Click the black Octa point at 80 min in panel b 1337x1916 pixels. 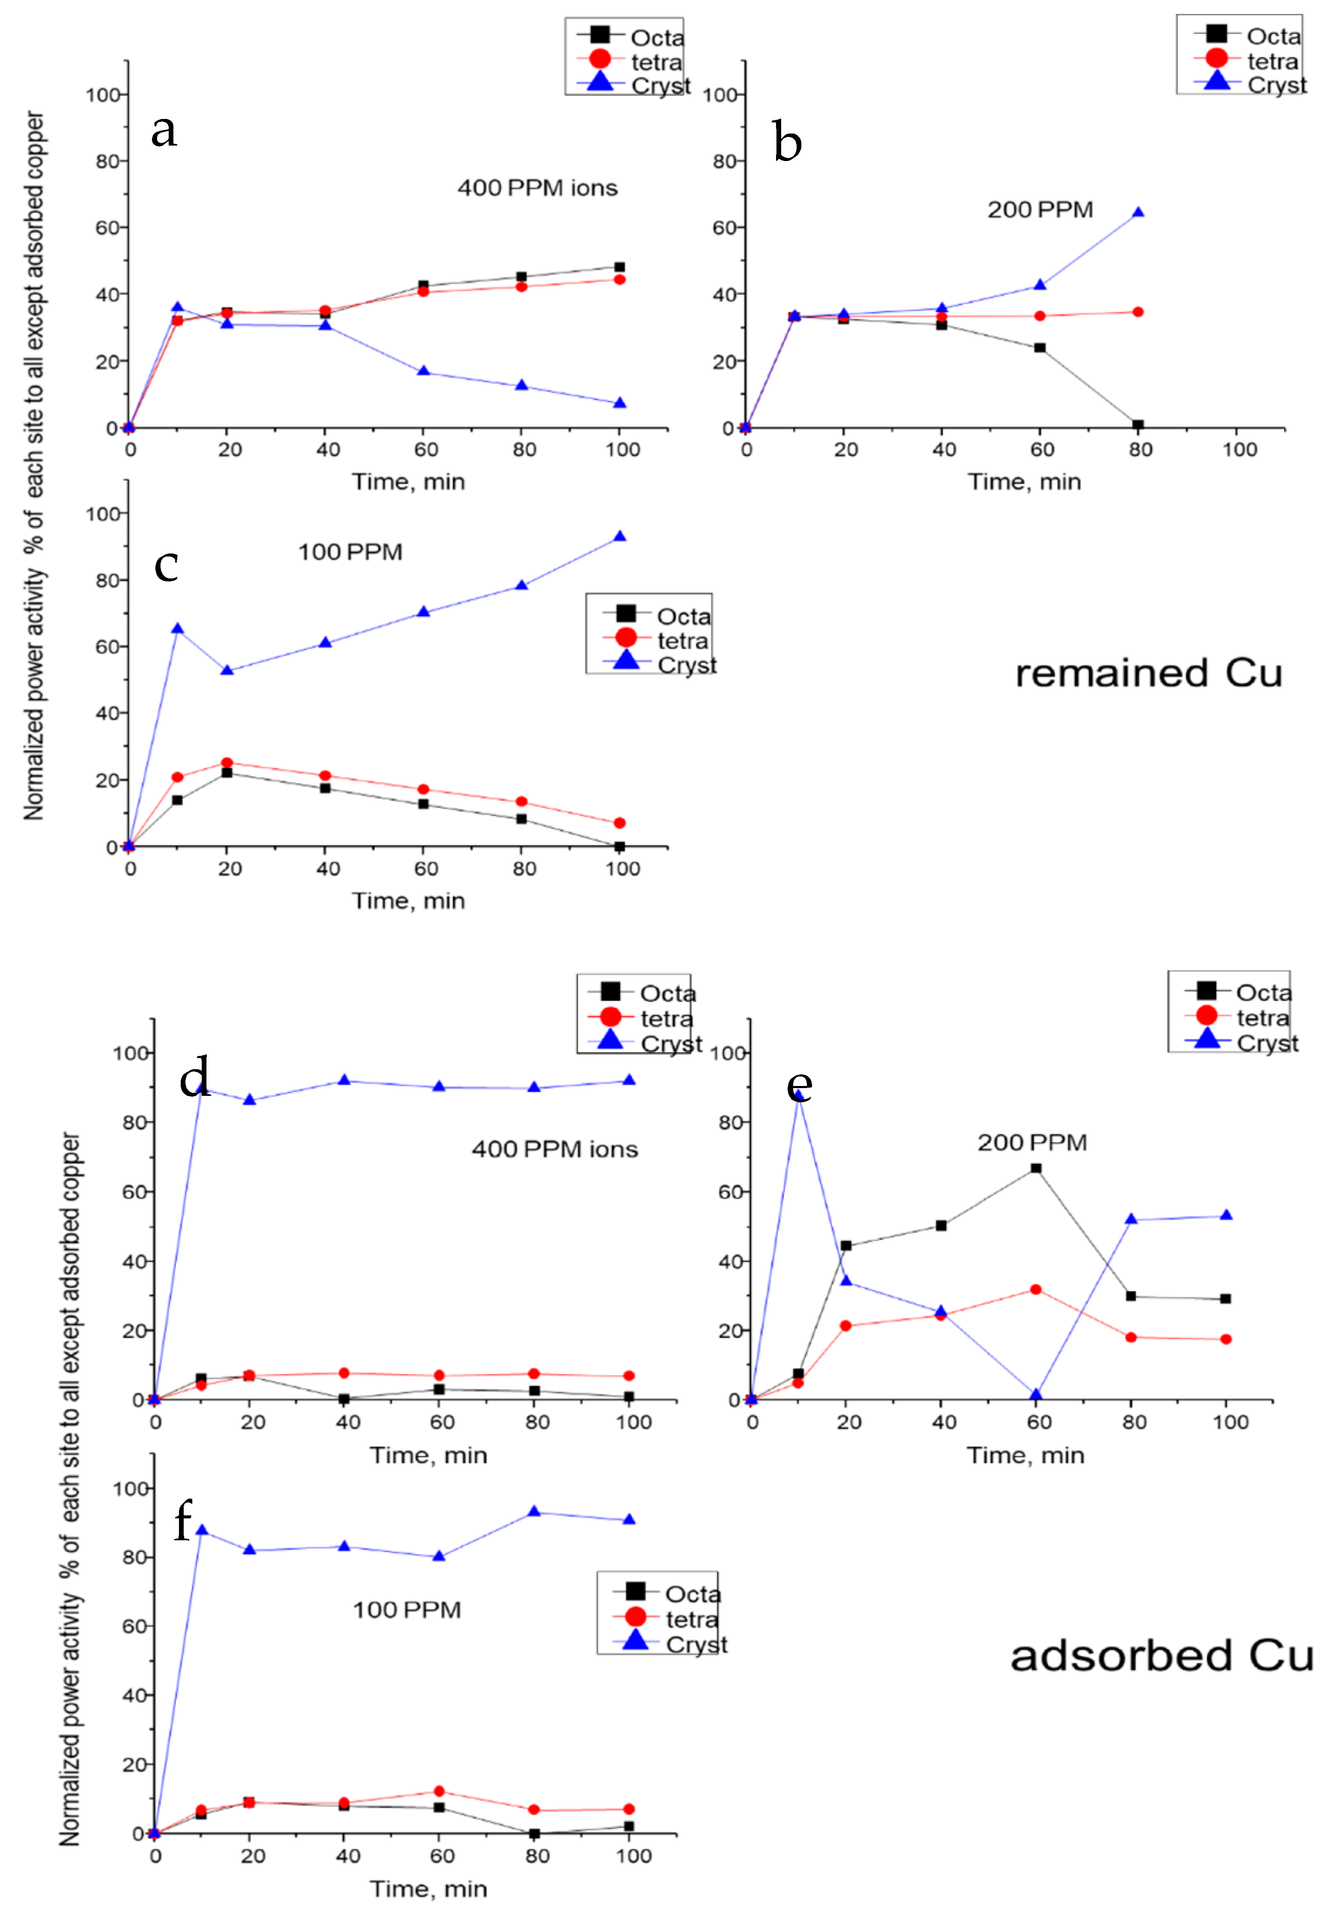(x=1138, y=425)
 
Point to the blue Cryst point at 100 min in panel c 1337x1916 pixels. (x=619, y=537)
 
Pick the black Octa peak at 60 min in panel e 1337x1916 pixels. (x=1036, y=1168)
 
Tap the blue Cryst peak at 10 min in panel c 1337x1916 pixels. (x=177, y=628)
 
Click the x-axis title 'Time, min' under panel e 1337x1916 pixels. (x=1025, y=1455)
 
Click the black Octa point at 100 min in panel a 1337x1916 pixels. (x=619, y=267)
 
